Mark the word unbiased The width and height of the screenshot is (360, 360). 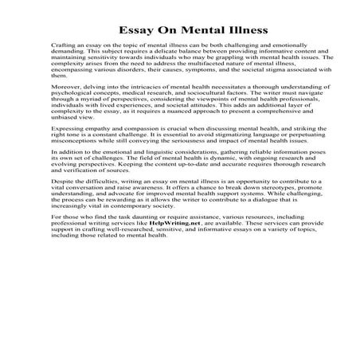[x=65, y=117]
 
